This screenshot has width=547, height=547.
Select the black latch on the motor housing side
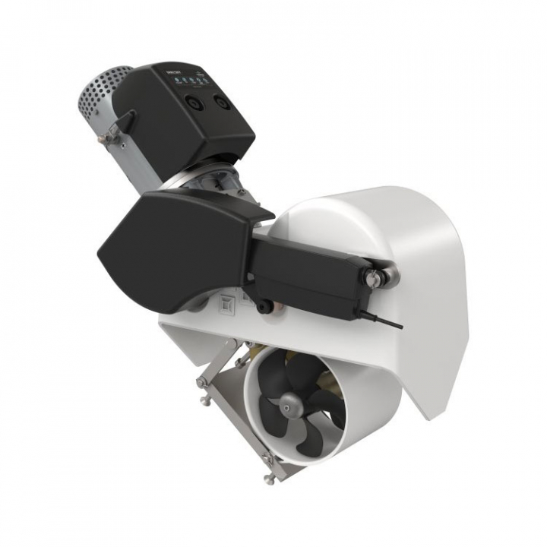pos(125,122)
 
